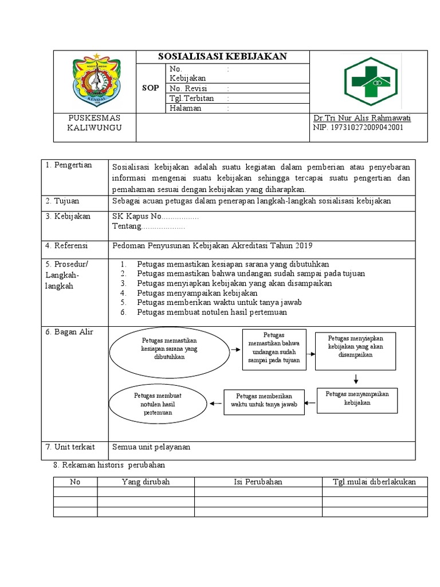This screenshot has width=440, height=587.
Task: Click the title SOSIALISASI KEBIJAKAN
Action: coord(222,56)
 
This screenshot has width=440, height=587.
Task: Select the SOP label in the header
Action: coord(150,88)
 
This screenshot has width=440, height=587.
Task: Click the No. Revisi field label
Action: coord(188,88)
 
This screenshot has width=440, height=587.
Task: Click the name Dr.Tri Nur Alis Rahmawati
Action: coord(362,118)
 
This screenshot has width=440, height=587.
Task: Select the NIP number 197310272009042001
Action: coord(358,127)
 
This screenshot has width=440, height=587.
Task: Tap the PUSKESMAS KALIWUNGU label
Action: coord(95,123)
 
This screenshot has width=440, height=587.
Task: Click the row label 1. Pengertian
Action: coord(69,165)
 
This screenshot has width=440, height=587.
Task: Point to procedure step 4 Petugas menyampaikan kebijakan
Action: coord(189,293)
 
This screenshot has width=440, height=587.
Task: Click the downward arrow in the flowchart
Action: coord(356,379)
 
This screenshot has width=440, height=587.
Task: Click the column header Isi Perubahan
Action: coord(258,482)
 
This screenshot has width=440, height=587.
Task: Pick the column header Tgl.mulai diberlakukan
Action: coord(374,482)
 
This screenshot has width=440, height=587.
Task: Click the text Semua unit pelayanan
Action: coord(151,447)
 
